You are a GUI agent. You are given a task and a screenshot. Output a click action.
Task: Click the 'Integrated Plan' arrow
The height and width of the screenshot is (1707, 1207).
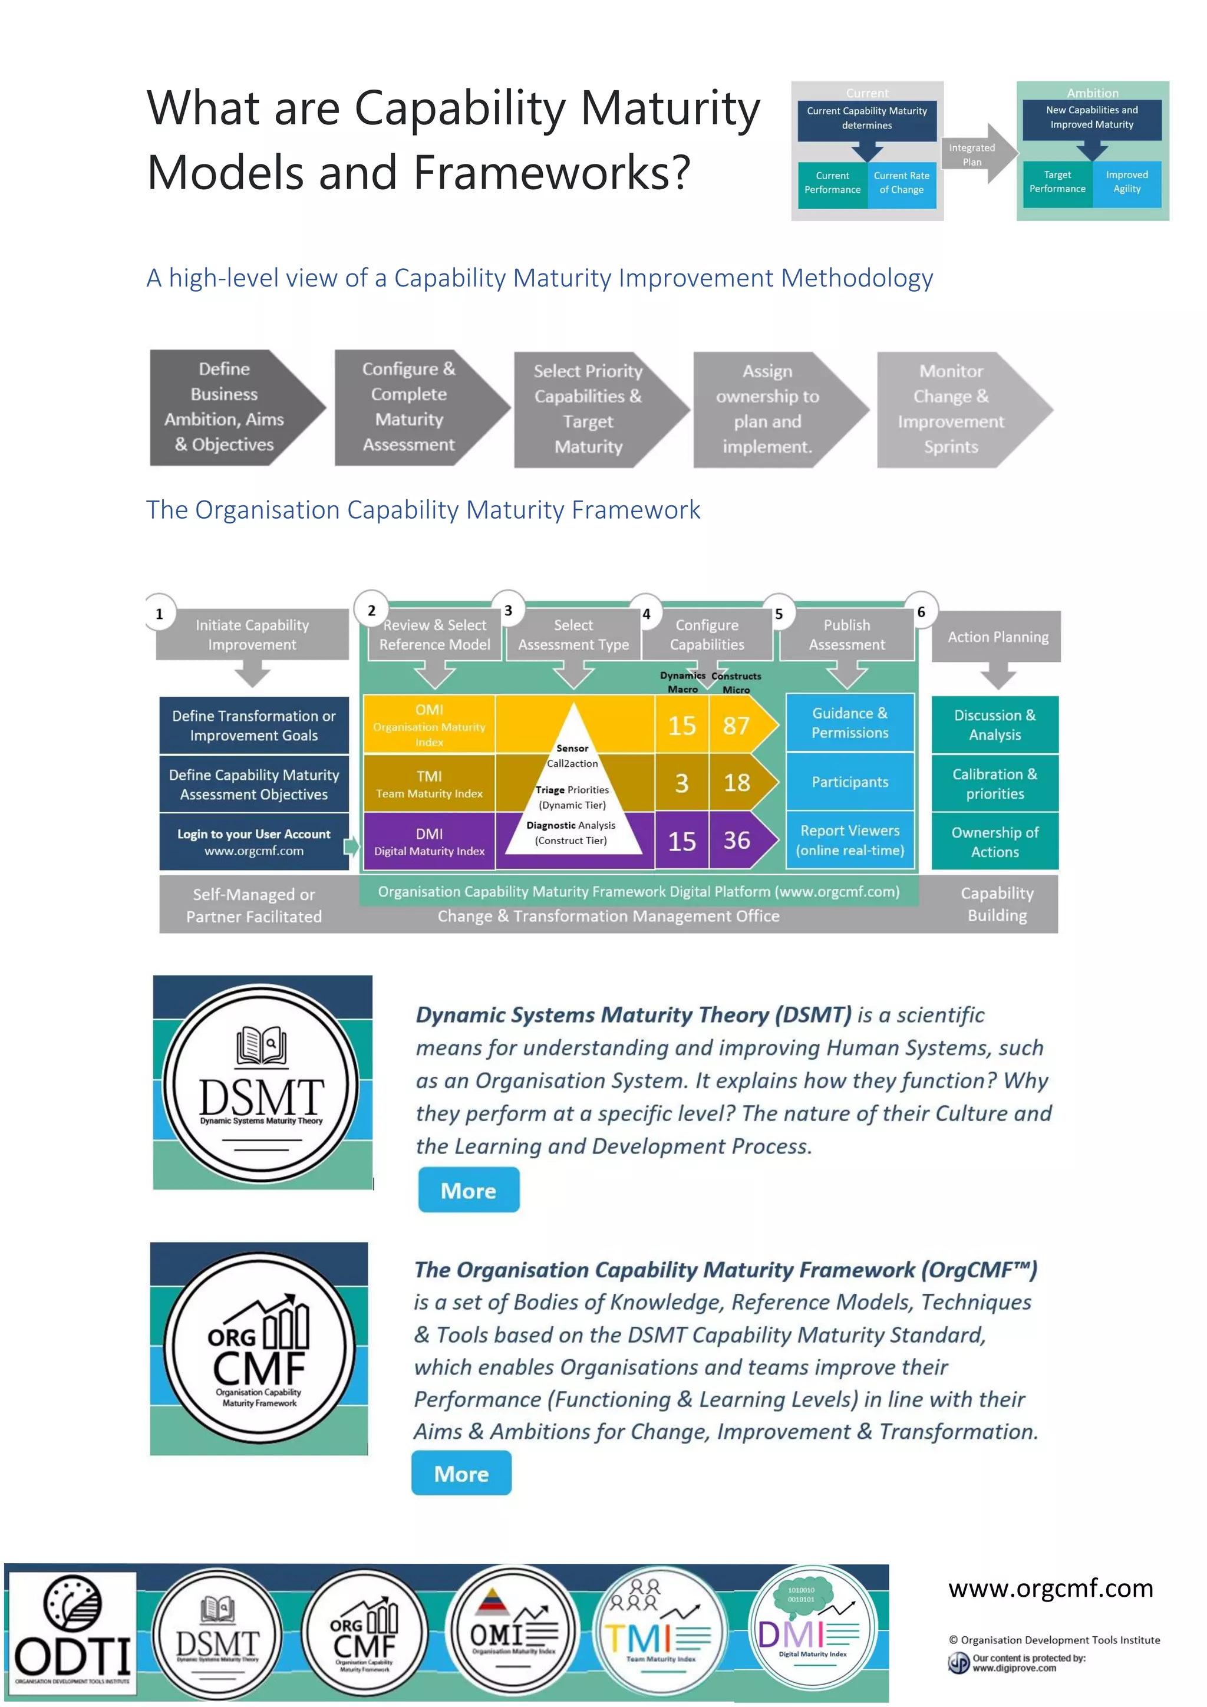tap(975, 154)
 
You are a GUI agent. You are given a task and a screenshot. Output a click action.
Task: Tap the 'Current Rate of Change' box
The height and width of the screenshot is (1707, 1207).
tap(902, 183)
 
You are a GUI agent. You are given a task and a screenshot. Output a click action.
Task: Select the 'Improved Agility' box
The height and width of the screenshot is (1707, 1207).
tap(1127, 182)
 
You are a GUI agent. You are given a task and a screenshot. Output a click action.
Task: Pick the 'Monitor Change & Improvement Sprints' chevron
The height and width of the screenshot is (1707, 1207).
tap(955, 409)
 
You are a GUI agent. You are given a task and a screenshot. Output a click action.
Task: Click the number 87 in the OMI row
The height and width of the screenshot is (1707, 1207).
tap(737, 726)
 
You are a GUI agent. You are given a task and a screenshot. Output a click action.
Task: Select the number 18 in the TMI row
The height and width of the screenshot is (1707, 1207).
tap(737, 782)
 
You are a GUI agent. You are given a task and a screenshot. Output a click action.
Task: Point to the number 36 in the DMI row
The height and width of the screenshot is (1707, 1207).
tap(737, 841)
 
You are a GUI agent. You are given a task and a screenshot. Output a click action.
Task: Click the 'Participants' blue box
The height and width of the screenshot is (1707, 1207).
tap(849, 782)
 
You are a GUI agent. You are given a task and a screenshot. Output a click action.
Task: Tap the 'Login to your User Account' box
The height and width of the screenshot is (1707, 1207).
tap(253, 842)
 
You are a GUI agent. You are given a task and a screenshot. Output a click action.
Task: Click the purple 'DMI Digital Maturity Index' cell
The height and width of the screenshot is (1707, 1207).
tap(429, 842)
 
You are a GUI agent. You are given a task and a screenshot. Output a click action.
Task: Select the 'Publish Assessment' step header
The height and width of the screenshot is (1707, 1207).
tap(846, 635)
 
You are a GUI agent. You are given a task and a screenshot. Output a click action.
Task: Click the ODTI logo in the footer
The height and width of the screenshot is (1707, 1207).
tap(71, 1635)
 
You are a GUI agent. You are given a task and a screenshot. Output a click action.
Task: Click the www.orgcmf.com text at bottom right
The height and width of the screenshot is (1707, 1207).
tap(1050, 1588)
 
